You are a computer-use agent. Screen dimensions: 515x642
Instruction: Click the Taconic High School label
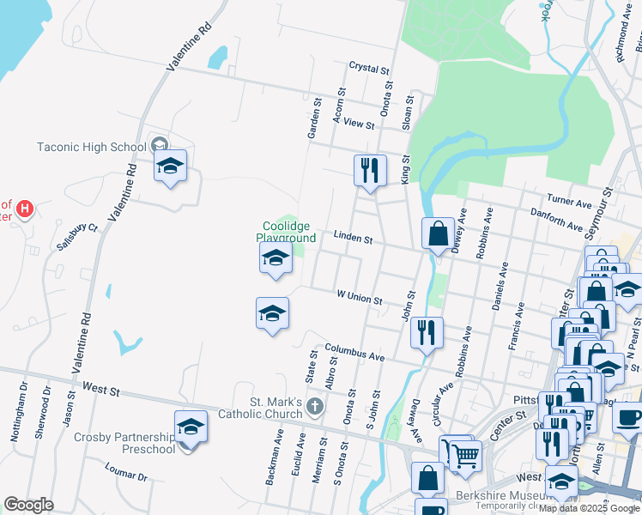click(x=92, y=147)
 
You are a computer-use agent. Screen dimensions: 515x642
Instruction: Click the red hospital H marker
click(x=25, y=208)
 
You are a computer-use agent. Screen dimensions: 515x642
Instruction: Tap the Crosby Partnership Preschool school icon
click(x=191, y=427)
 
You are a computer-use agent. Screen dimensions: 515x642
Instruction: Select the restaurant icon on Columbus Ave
click(x=427, y=331)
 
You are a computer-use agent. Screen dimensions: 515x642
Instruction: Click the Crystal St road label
click(x=369, y=66)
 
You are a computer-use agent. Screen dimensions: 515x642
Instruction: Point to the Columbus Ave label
click(x=354, y=352)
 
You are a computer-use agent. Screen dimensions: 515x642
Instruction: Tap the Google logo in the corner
click(x=28, y=505)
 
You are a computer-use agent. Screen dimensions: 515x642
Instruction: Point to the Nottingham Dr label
click(x=19, y=415)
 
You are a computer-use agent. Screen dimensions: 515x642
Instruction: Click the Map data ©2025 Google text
click(x=589, y=508)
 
